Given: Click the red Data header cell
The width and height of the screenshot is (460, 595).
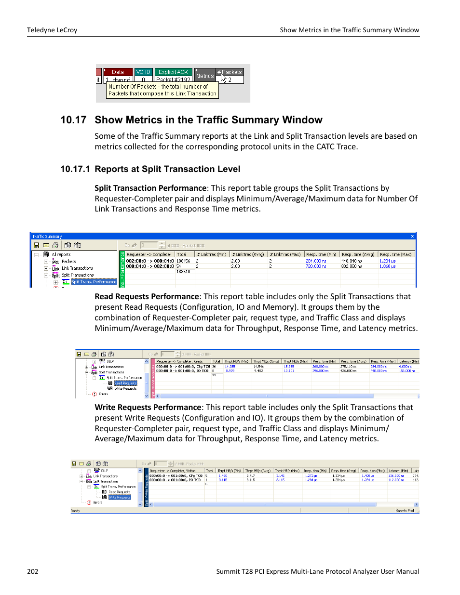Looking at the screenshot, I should pos(118,72).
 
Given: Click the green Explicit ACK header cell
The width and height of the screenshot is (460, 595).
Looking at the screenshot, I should pos(173,72).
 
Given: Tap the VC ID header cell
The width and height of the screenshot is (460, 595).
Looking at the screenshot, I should pos(143,72).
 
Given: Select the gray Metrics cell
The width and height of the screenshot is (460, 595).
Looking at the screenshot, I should pos(204,76).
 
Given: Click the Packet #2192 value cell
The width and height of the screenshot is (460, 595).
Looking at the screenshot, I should pos(173,79).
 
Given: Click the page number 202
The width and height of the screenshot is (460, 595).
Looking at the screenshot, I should pos(32,571).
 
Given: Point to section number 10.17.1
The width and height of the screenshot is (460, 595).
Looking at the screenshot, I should pos(75,169).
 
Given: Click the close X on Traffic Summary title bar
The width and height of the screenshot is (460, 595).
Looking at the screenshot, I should pos(412,236).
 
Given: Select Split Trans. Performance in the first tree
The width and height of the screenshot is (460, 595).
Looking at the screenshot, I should pos(94,282).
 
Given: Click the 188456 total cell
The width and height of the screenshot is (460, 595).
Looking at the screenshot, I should pos(183,261).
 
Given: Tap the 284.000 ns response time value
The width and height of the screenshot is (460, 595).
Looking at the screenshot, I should pos(316,261).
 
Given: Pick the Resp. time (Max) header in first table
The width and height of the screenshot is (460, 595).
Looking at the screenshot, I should pos(395,254).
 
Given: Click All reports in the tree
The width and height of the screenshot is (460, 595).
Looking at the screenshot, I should pos(61,254).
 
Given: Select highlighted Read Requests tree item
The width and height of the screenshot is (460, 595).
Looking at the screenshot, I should pos(125,383).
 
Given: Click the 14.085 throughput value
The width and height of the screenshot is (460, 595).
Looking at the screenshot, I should pos(230,366).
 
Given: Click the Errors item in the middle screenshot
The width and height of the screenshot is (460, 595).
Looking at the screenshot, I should pos(103,394).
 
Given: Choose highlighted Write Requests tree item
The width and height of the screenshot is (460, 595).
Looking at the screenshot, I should pos(120,497).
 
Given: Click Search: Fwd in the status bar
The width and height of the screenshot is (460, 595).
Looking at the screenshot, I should pos(405,511).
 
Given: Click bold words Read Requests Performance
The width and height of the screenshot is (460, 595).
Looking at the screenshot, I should pos(147,297).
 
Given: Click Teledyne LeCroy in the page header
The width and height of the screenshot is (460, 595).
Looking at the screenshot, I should pos(52,30).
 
